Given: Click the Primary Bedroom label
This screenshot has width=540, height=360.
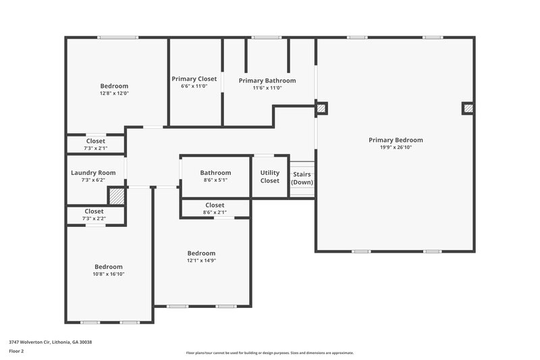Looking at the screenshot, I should (x=396, y=140).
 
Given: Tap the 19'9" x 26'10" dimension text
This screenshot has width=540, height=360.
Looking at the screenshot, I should (x=396, y=147).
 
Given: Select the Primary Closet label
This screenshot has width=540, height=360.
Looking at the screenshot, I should (x=194, y=79).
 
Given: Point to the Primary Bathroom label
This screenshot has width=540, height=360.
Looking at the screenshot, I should (x=267, y=80).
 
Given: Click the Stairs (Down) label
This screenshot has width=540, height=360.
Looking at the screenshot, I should (x=302, y=178).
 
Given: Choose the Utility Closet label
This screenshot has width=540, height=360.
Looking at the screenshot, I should (x=269, y=176).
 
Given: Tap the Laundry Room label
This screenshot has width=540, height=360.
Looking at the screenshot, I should (x=93, y=173).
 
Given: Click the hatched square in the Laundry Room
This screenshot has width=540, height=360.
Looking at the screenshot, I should (x=117, y=196).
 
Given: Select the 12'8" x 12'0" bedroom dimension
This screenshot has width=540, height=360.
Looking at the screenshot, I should (x=114, y=93).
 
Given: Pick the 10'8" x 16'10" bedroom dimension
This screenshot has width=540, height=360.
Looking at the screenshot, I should (x=108, y=274).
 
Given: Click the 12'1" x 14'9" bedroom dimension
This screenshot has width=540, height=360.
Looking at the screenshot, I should (x=201, y=260).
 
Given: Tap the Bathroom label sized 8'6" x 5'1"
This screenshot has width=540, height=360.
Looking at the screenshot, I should (x=215, y=173).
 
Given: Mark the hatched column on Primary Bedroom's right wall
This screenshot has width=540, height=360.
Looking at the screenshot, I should (x=467, y=108).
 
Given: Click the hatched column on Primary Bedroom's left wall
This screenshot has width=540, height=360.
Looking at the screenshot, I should (x=321, y=107).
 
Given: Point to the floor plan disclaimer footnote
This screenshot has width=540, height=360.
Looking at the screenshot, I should (x=269, y=353).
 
